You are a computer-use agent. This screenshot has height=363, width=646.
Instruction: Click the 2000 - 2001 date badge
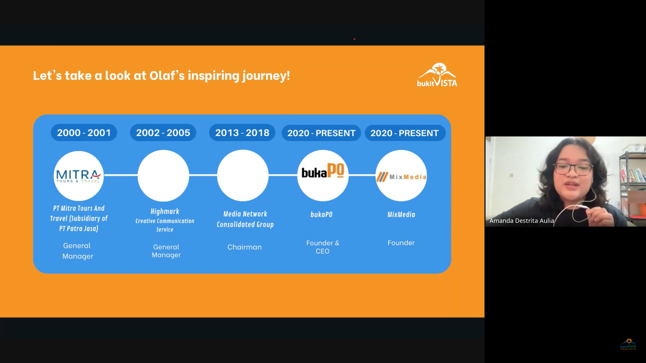click(x=84, y=133)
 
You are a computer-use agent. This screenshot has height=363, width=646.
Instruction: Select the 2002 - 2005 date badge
click(x=163, y=133)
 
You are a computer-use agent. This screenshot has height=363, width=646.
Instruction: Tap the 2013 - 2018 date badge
click(x=242, y=133)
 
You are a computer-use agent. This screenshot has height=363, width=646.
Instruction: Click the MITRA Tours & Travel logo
click(x=79, y=176)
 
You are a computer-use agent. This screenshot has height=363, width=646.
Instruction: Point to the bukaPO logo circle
click(x=323, y=175)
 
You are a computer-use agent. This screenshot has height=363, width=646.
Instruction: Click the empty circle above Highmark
click(x=163, y=176)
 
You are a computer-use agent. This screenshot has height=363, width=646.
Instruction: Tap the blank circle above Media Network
click(x=243, y=175)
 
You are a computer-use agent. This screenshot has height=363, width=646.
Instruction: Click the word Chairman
click(x=245, y=247)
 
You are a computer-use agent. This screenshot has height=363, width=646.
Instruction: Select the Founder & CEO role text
click(x=323, y=247)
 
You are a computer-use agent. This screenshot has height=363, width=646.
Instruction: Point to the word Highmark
click(x=165, y=211)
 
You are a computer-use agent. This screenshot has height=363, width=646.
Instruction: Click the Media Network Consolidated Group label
click(x=245, y=219)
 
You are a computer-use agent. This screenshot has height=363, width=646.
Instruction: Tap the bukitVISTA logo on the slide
click(x=437, y=75)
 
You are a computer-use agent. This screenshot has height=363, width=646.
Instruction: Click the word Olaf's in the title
click(x=167, y=75)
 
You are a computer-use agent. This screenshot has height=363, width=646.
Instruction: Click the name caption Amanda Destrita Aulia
click(x=522, y=221)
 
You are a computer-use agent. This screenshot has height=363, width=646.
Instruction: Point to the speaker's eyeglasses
click(x=574, y=168)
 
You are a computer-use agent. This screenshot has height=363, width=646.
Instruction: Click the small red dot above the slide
click(x=354, y=39)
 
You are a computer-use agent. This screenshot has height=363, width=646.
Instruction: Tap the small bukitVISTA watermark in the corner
click(x=628, y=345)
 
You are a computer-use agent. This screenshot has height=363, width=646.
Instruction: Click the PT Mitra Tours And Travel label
click(x=79, y=218)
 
